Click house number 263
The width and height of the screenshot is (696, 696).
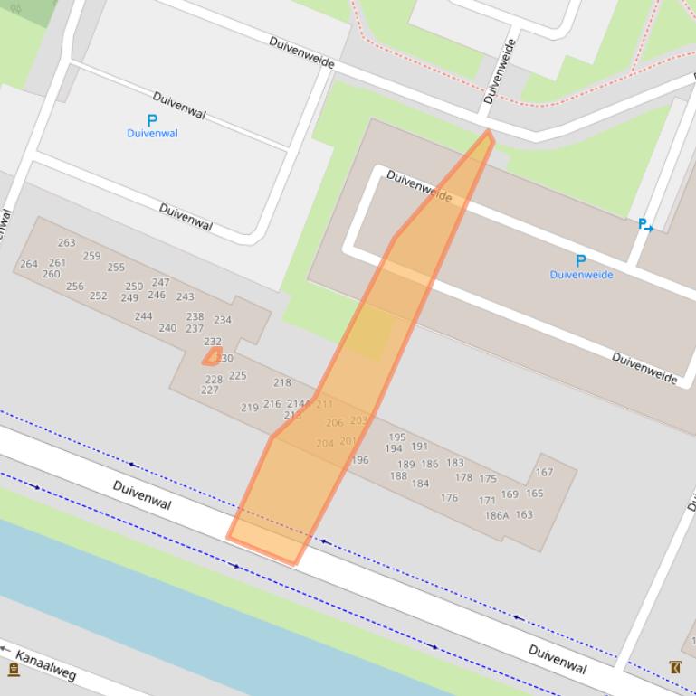pos(66,242)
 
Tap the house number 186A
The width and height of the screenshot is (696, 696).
pos(497,515)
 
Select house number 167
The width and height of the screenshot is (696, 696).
pos(544,472)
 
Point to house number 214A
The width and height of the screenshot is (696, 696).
pos(299,404)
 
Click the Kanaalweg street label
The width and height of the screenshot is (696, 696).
pos(46,665)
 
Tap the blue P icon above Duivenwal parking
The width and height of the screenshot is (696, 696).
pos(152,120)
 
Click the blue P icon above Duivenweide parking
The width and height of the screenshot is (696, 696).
pos(581,261)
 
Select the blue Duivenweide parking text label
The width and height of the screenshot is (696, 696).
pos(581,275)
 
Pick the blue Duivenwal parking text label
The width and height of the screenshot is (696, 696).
pos(152,134)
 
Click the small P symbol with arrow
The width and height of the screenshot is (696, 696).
pos(645,225)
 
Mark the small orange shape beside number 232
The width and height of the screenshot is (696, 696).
pos(212,356)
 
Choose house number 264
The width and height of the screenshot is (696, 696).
pos(29,264)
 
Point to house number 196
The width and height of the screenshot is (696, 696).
pos(360,459)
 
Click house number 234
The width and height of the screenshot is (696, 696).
pos(223,319)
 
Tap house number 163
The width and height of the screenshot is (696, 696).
pos(524,514)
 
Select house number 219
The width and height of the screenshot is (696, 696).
pos(250,408)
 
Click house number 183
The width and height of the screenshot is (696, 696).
pos(455,463)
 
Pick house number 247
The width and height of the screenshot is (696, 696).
pos(161,282)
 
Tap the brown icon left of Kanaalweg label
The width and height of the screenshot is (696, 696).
pos(14,669)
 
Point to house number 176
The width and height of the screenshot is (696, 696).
pos(449,497)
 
